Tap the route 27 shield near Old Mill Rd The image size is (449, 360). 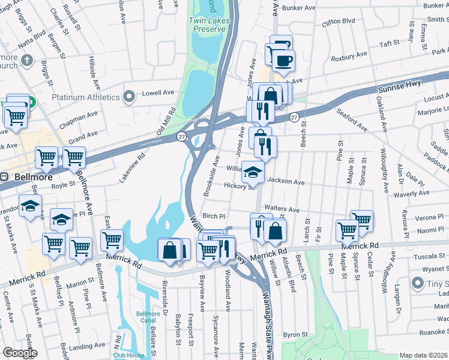182,137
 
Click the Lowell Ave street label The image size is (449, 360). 157,93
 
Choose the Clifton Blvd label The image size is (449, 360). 339,21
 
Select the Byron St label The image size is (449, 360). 295,334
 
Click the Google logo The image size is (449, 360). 19,353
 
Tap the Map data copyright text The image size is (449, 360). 424,355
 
